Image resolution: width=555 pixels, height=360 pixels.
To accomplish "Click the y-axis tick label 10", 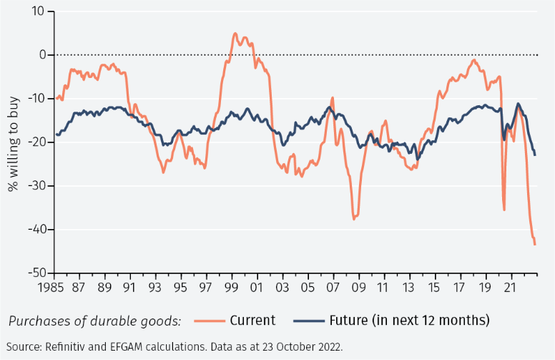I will pos(38,11).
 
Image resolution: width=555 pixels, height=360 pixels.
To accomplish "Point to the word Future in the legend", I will pos(350,320).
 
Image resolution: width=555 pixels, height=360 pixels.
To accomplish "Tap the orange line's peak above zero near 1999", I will pos(235,33).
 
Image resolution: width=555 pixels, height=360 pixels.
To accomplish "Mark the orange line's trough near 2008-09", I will pos(354,218).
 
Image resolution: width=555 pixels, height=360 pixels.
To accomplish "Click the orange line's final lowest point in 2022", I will pos(535,245).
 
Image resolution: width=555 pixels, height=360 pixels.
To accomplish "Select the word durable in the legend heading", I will pos(107,320).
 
